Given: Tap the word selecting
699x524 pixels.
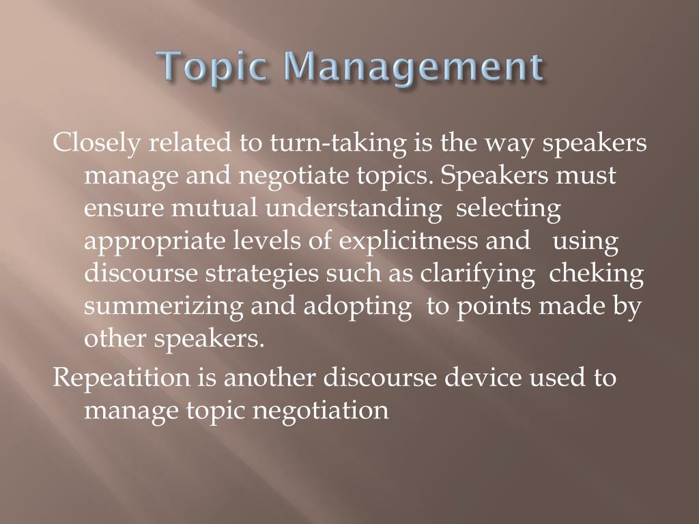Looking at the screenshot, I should pyautogui.click(x=508, y=208).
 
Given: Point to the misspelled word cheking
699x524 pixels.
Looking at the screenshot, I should pyautogui.click(x=597, y=274).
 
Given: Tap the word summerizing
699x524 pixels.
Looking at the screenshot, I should pyautogui.click(x=163, y=306).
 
